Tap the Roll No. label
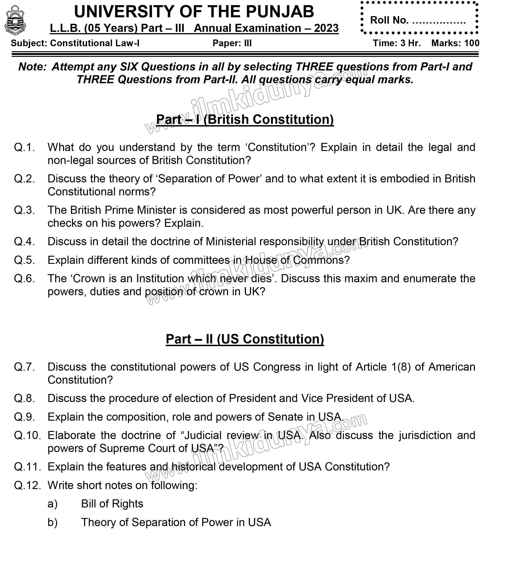tap(389, 20)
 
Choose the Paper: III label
tap(232, 43)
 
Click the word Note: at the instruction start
tap(32, 67)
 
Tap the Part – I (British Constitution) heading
tap(245, 119)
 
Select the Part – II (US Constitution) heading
tap(245, 339)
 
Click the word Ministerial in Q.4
tap(231, 242)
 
